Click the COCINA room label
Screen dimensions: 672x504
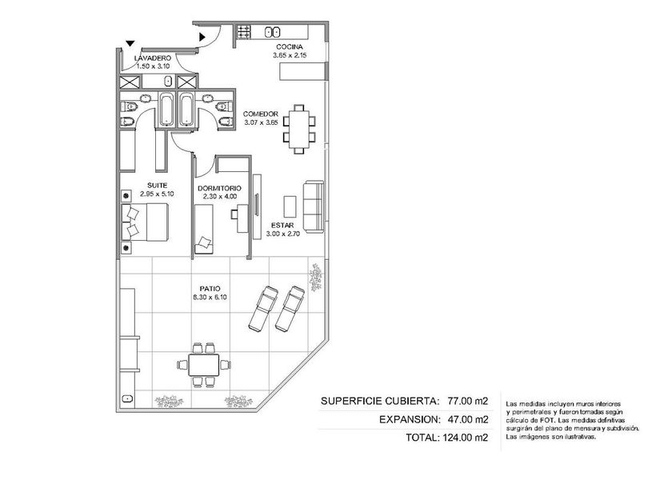point(290,46)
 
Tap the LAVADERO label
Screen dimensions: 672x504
point(153,58)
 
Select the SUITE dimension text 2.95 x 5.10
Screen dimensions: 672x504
point(157,194)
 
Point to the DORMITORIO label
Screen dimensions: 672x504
point(219,188)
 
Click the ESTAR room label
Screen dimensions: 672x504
point(282,226)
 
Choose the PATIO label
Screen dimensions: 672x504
point(210,289)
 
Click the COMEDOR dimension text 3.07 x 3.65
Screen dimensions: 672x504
point(261,122)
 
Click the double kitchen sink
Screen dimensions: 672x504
point(273,32)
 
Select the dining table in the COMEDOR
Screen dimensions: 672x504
point(299,129)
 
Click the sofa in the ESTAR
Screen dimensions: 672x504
point(314,207)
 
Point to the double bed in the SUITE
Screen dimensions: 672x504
point(146,222)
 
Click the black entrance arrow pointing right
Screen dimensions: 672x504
point(202,38)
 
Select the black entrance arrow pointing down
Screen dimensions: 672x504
point(130,43)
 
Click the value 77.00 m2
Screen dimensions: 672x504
point(467,402)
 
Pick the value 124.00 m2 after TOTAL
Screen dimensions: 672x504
point(465,438)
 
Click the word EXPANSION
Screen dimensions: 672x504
point(410,419)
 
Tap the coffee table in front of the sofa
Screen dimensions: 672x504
point(290,207)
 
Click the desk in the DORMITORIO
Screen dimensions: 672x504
point(242,218)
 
